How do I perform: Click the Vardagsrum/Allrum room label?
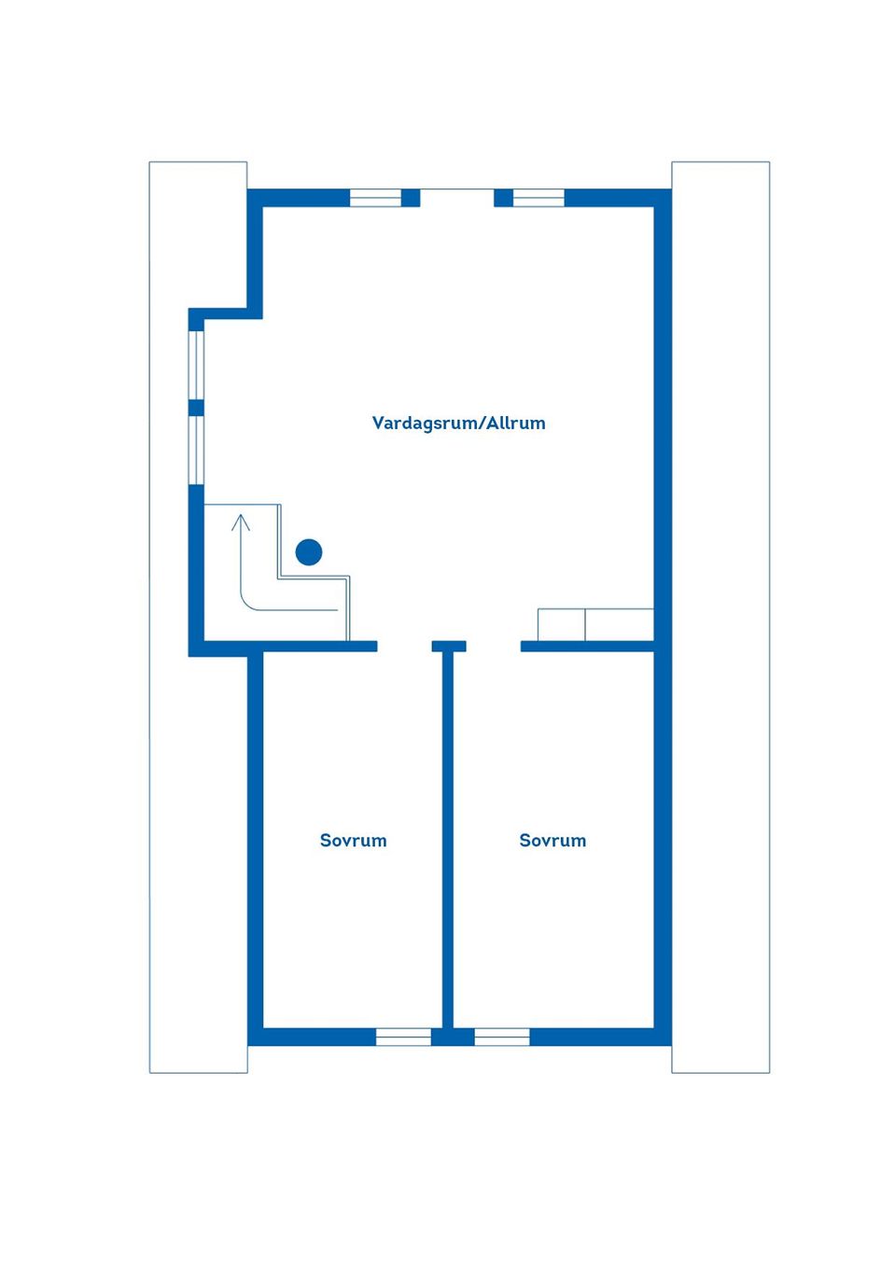click(x=458, y=423)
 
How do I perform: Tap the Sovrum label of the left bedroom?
click(x=353, y=840)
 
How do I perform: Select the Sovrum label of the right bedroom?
click(x=553, y=840)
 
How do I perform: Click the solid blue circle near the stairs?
click(x=309, y=552)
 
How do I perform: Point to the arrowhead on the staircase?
click(x=241, y=522)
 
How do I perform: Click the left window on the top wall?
click(x=375, y=198)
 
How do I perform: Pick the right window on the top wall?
click(x=539, y=198)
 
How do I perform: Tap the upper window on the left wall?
click(x=196, y=365)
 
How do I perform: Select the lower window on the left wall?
click(x=196, y=451)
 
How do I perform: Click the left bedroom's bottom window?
click(x=403, y=1037)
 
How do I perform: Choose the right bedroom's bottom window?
click(x=502, y=1037)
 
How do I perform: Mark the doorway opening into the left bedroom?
click(x=404, y=647)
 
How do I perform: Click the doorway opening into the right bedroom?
click(x=493, y=647)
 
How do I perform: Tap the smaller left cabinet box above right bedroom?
click(x=561, y=624)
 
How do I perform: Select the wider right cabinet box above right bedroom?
click(x=620, y=624)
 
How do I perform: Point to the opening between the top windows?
click(x=457, y=198)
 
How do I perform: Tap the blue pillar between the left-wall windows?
click(x=196, y=408)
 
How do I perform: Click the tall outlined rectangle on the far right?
click(x=721, y=617)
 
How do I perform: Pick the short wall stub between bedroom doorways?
click(x=449, y=647)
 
